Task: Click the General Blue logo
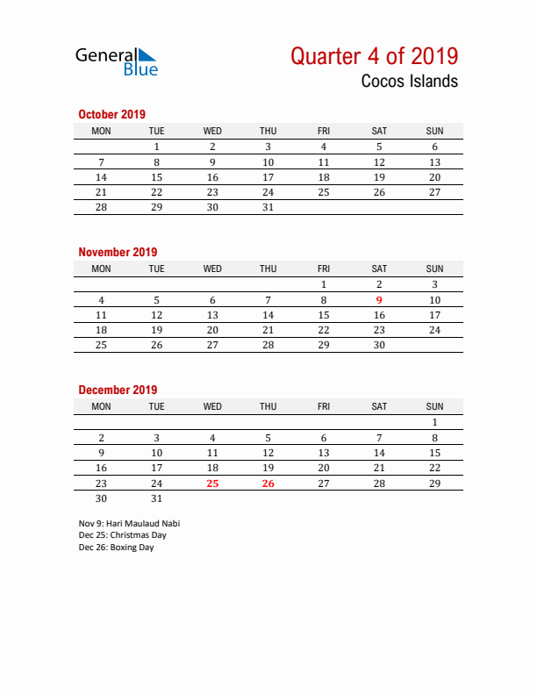(x=116, y=61)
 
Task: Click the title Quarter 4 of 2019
(x=374, y=56)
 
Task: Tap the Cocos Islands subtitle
(x=409, y=82)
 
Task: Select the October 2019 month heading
(x=111, y=114)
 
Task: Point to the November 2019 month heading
(x=118, y=252)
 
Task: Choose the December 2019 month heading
(x=118, y=390)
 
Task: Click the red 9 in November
(x=379, y=300)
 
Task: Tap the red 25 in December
(x=212, y=483)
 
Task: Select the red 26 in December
(x=268, y=483)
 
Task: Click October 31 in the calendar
(x=268, y=207)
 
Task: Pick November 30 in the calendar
(x=379, y=345)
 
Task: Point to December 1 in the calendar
(x=434, y=422)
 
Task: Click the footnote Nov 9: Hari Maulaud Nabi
(x=129, y=523)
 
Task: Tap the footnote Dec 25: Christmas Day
(x=122, y=535)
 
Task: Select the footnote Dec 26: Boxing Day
(x=116, y=548)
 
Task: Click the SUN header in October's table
(x=434, y=132)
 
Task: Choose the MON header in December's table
(x=101, y=407)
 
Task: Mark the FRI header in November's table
(x=324, y=269)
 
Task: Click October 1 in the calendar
(x=156, y=147)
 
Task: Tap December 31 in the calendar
(x=156, y=498)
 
